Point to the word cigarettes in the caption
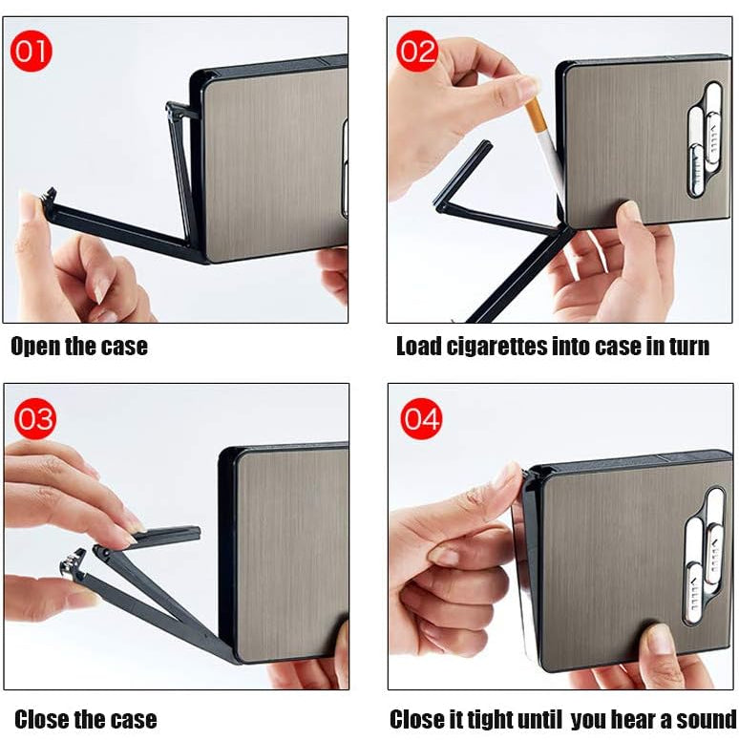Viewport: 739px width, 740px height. coord(509,346)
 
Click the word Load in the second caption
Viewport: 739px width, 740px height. coord(419,346)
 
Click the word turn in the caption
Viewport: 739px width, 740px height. coord(686,346)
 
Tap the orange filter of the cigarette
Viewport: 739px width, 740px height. coord(535,120)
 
